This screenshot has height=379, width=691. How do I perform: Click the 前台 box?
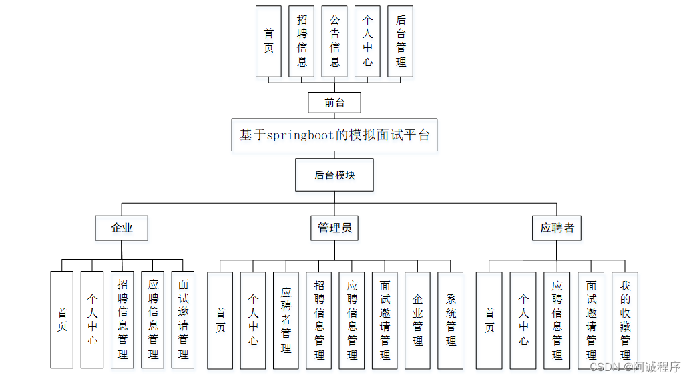coord(334,103)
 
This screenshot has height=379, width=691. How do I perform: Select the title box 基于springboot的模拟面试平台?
coord(334,135)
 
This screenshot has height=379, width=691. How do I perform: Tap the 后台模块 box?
coord(334,176)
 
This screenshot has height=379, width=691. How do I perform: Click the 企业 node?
coord(122,228)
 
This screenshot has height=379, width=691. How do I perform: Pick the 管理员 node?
coord(334,228)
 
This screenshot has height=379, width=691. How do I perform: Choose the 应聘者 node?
coord(557,228)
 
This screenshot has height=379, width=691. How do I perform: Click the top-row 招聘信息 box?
coord(302,41)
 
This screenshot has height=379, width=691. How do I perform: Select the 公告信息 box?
coord(334,41)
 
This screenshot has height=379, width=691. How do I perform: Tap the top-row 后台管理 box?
coord(401,41)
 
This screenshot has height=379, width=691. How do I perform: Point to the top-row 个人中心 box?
coord(367,41)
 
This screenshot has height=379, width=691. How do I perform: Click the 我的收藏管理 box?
coord(625,320)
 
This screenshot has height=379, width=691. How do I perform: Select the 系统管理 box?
coord(451,320)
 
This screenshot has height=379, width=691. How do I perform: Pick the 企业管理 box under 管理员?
coord(418,320)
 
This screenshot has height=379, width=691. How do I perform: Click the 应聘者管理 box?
coord(286,320)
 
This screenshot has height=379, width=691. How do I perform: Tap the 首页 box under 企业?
coord(62,320)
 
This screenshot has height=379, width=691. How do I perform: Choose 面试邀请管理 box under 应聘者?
coord(591,320)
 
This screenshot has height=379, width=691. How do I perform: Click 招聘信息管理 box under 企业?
coord(122,320)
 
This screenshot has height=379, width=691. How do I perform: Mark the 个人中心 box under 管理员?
coord(253,320)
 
